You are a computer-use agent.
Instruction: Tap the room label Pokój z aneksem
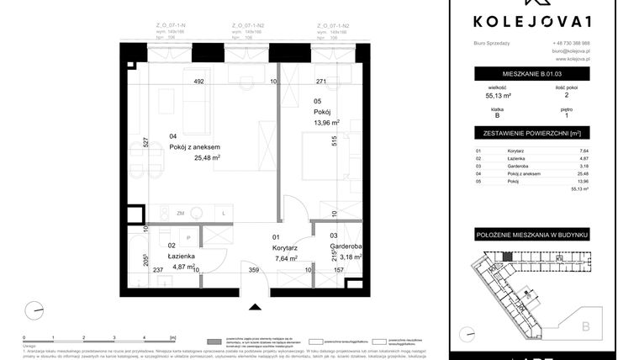[x=196, y=146]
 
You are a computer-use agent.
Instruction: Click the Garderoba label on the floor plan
[x=345, y=246]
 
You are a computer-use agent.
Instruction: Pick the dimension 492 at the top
[x=198, y=82]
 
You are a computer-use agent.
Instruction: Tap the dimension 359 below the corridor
[x=254, y=271]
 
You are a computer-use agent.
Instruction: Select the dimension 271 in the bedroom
[x=320, y=82]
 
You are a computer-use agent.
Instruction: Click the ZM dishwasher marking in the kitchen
[x=179, y=214]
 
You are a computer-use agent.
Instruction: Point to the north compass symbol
[x=31, y=311]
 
